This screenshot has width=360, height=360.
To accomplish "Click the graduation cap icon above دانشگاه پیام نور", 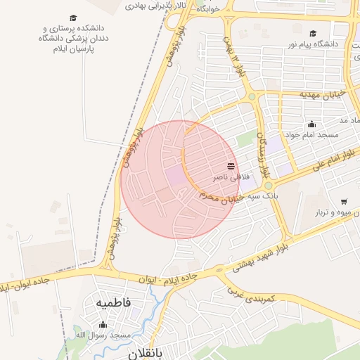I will [x=313, y=33].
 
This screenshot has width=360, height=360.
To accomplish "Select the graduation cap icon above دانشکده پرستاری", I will [x=73, y=18].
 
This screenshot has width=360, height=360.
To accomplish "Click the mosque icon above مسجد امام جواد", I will [x=311, y=124].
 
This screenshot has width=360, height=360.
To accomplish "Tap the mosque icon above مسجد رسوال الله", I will [x=103, y=324].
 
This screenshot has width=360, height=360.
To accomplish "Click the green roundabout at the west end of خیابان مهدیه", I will [x=252, y=97].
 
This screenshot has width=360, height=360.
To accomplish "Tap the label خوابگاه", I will [x=209, y=11].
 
